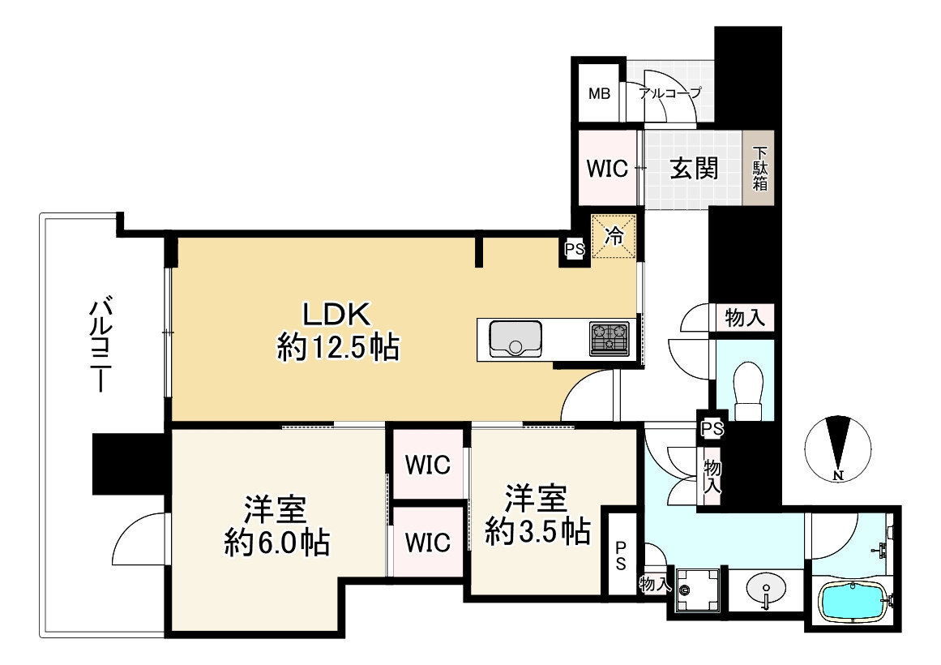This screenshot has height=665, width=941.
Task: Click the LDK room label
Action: pyautogui.click(x=336, y=314)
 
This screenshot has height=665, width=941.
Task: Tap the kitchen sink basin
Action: pyautogui.click(x=515, y=339)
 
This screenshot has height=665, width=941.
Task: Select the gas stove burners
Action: pyautogui.click(x=610, y=339)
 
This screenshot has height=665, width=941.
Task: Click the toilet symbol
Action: pyautogui.click(x=748, y=390)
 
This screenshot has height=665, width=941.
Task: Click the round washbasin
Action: pyautogui.click(x=767, y=589)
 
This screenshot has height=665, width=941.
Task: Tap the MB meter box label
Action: pyautogui.click(x=599, y=94)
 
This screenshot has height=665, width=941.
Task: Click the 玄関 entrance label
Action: pyautogui.click(x=694, y=168)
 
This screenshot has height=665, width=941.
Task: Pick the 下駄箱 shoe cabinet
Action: pyautogui.click(x=759, y=169)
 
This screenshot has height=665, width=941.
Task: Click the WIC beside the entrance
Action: pyautogui.click(x=607, y=169)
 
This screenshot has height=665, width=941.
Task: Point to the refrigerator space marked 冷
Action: pyautogui.click(x=614, y=237)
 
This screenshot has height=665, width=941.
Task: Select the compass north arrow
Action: pyautogui.click(x=838, y=445)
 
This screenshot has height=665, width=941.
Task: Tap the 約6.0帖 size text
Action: pyautogui.click(x=276, y=543)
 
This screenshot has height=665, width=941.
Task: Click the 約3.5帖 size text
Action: pyautogui.click(x=537, y=531)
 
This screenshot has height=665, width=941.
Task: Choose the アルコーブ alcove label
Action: pyautogui.click(x=669, y=93)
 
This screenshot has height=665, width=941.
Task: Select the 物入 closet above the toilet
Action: pyautogui.click(x=745, y=317)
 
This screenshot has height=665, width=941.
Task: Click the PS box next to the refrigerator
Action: pyautogui.click(x=575, y=249)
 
